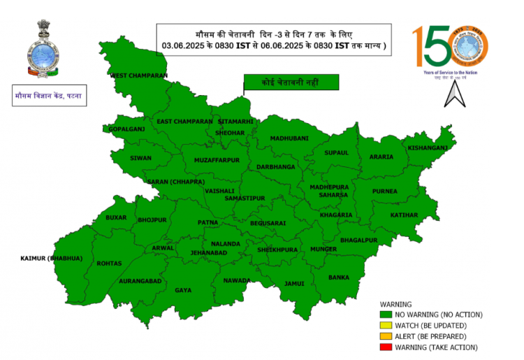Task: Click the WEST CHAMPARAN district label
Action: [x=138, y=75]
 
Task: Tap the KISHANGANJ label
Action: [x=428, y=148]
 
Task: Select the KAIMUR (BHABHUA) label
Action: [x=51, y=259]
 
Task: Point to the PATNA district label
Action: [x=208, y=222]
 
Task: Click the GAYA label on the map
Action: [x=183, y=289]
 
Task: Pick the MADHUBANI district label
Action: [x=289, y=138]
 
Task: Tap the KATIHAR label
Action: [x=404, y=215]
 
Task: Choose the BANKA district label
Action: [x=339, y=278]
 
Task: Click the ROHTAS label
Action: [x=110, y=264]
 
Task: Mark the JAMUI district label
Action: [x=294, y=284]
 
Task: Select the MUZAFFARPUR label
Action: [x=217, y=160]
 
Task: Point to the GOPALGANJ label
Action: [x=126, y=129]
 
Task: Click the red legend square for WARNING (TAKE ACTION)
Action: [x=385, y=347]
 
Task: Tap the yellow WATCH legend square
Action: [x=385, y=325]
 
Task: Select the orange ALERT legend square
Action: [x=385, y=336]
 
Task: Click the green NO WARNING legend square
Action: [x=385, y=315]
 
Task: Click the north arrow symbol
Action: [x=456, y=93]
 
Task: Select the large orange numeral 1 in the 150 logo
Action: [x=417, y=47]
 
